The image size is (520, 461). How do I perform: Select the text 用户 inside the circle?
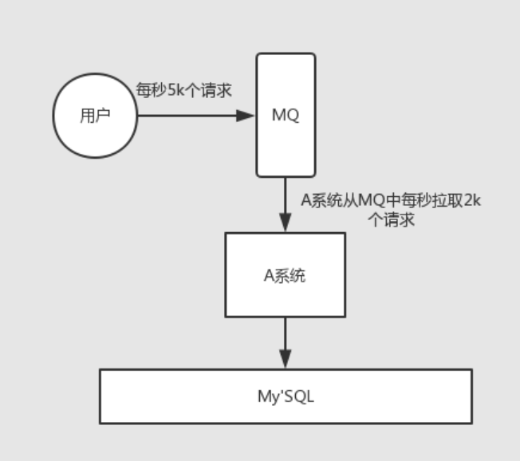pyautogui.click(x=95, y=116)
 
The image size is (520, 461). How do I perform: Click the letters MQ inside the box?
pyautogui.click(x=286, y=115)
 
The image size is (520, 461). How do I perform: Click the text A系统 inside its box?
pyautogui.click(x=285, y=276)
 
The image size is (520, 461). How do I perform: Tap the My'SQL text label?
pyautogui.click(x=286, y=396)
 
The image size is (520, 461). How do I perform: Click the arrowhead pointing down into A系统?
pyautogui.click(x=285, y=223)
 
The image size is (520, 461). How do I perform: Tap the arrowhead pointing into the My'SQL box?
pyautogui.click(x=285, y=360)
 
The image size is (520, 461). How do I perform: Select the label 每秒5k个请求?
pyautogui.click(x=183, y=90)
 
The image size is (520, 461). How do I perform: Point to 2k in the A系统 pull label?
pyautogui.click(x=472, y=200)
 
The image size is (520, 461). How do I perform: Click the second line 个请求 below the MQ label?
pyautogui.click(x=391, y=220)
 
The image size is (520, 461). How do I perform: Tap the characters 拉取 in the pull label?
pyautogui.click(x=447, y=200)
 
